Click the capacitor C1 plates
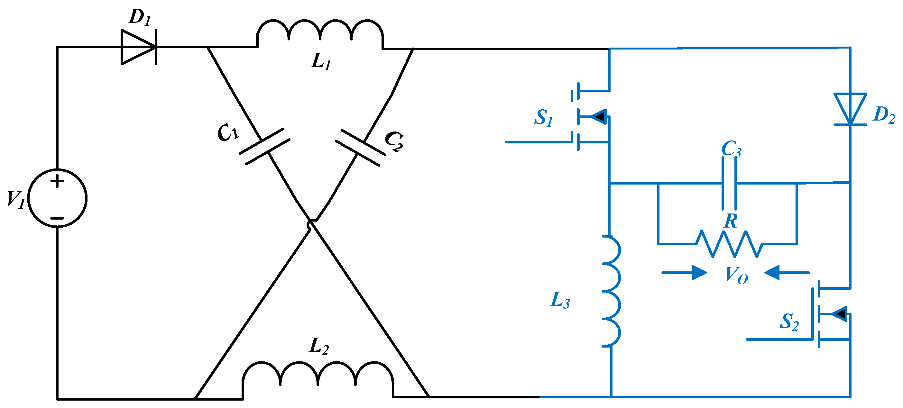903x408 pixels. (265, 146)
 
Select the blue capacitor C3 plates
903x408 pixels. (729, 183)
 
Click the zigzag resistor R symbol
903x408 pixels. (729, 244)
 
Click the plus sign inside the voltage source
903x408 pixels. (58, 181)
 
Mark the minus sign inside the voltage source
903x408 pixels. (58, 218)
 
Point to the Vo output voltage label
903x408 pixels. (736, 275)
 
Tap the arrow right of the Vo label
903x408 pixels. (787, 272)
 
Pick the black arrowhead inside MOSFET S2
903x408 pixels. (840, 313)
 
